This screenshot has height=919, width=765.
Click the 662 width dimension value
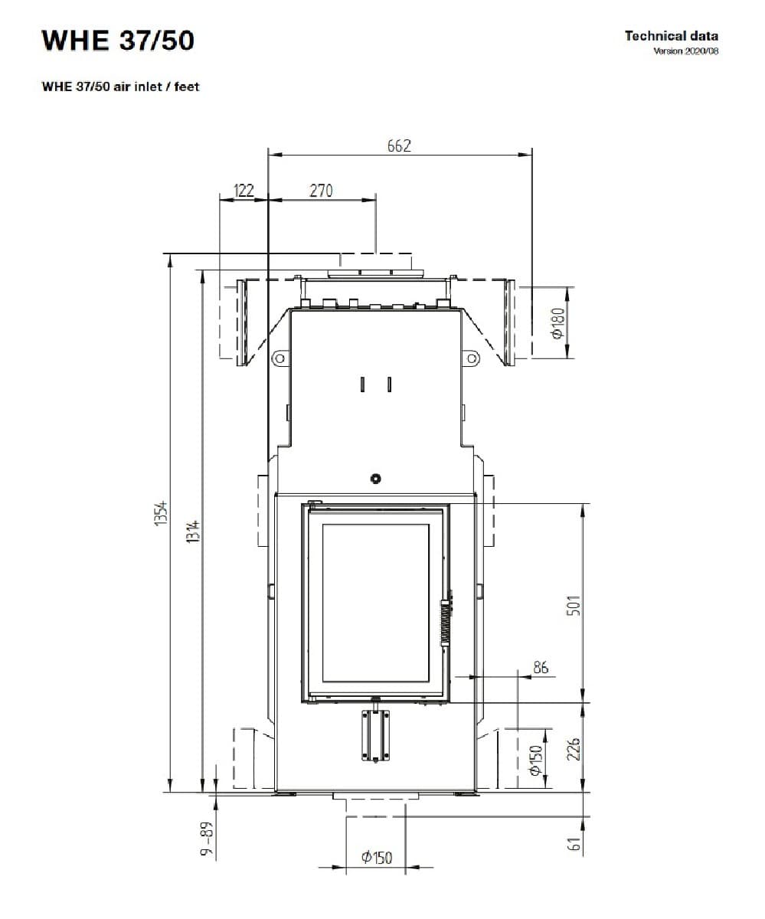(399, 146)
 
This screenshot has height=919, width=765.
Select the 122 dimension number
(244, 191)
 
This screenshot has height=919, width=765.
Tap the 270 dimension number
(321, 191)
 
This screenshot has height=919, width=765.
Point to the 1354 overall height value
(161, 512)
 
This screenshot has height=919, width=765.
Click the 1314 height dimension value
(193, 531)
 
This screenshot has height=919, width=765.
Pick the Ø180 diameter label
(557, 323)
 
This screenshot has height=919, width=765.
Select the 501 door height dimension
(574, 606)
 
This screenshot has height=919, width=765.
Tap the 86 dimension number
(541, 667)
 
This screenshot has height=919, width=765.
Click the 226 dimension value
(574, 749)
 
